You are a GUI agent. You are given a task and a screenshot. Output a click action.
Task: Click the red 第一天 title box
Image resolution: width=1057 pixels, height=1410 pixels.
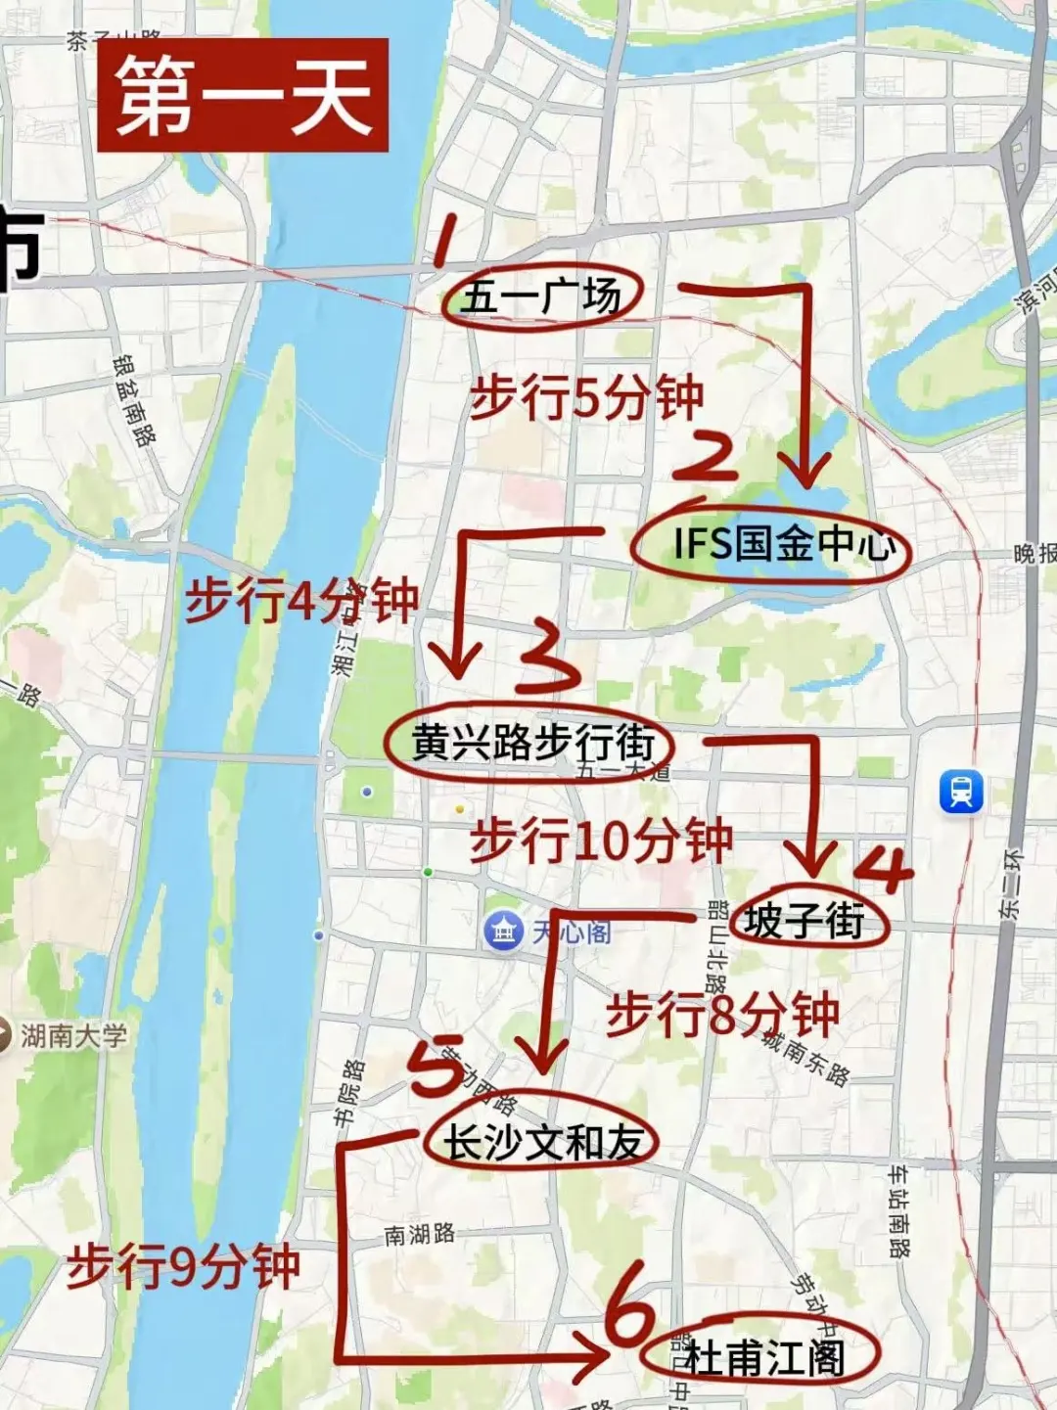pyautogui.click(x=243, y=95)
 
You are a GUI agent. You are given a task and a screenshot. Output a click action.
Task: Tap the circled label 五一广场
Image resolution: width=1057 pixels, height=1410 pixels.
pyautogui.click(x=541, y=296)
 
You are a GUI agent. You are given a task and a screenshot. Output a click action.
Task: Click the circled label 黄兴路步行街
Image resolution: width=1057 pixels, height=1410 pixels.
pyautogui.click(x=529, y=743)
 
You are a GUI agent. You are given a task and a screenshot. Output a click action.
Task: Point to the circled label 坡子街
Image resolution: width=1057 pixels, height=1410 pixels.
pyautogui.click(x=806, y=920)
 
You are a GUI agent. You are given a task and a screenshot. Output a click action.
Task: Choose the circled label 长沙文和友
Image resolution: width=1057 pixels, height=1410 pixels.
pyautogui.click(x=541, y=1141)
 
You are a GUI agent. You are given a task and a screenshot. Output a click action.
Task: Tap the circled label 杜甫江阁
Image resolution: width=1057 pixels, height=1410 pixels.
pyautogui.click(x=761, y=1356)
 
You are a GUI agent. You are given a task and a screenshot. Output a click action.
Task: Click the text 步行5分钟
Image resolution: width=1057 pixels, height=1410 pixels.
pyautogui.click(x=586, y=397)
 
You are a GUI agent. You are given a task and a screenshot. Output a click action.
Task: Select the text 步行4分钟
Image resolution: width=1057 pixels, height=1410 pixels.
pyautogui.click(x=301, y=600)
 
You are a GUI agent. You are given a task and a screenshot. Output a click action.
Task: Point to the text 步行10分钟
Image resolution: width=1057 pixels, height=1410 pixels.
pyautogui.click(x=601, y=840)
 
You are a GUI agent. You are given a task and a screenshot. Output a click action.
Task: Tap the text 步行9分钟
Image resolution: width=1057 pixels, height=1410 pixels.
pyautogui.click(x=183, y=1267)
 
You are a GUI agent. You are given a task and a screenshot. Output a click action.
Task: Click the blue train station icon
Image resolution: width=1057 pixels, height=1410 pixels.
pyautogui.click(x=961, y=792)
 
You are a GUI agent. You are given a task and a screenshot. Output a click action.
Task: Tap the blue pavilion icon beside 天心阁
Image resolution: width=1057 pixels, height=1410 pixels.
pyautogui.click(x=504, y=931)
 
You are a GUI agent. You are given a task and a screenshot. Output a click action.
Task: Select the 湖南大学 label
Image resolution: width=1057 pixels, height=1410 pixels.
pyautogui.click(x=73, y=1035)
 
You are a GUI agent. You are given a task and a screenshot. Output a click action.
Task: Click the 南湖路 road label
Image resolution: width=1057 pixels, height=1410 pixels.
pyautogui.click(x=420, y=1235)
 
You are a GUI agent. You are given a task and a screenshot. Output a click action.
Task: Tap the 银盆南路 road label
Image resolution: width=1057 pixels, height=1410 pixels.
pyautogui.click(x=134, y=400)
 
